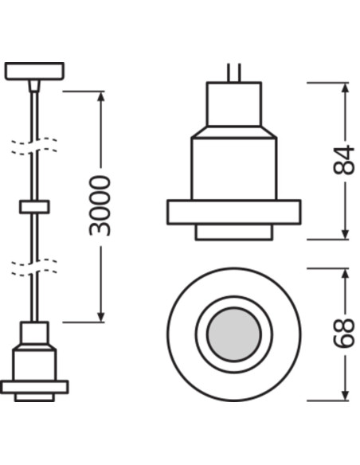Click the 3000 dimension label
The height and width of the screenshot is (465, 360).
(100, 205)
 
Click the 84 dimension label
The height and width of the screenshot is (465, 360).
(344, 159)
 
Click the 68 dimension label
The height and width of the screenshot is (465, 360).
(344, 333)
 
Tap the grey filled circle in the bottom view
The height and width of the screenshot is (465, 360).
(234, 334)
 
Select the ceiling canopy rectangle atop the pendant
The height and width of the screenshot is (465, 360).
(34, 71)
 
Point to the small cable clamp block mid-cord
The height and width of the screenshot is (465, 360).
(34, 207)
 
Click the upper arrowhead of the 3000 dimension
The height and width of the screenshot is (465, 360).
(101, 97)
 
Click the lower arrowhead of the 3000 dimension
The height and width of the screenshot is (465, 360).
(101, 316)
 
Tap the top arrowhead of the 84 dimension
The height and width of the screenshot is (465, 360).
(345, 88)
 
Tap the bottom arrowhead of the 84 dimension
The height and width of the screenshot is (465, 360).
(345, 233)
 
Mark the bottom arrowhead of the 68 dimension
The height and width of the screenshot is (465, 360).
(345, 394)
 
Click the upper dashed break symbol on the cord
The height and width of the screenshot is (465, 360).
(34, 146)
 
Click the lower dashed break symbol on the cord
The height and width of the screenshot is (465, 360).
(34, 268)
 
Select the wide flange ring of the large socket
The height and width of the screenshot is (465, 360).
(234, 212)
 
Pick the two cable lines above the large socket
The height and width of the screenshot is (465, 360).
(234, 72)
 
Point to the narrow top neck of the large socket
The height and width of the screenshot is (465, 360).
(234, 104)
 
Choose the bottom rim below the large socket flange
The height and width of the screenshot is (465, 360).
(234, 232)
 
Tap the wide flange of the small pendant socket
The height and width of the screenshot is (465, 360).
(34, 387)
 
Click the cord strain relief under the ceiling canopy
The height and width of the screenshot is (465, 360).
(34, 86)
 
